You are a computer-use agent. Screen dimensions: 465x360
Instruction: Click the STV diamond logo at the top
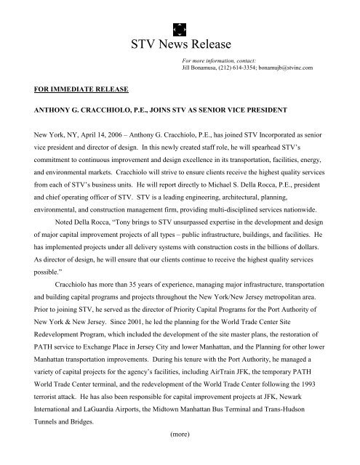pos(180,12)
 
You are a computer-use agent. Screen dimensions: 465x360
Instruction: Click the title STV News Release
pos(180,43)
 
